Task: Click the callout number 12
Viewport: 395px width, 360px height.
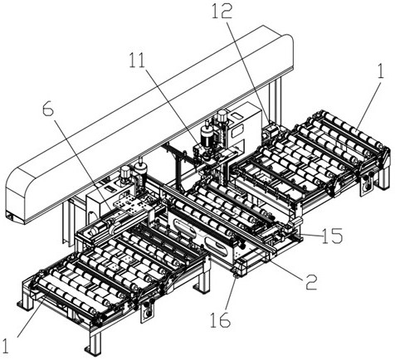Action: click(222, 12)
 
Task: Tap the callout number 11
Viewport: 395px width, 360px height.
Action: click(138, 61)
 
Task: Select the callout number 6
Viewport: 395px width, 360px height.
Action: click(48, 109)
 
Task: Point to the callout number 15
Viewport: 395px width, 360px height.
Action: click(333, 236)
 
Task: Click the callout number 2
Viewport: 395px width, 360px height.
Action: click(311, 281)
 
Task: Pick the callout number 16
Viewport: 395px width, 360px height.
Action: click(221, 320)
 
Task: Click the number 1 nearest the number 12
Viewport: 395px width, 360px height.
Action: click(381, 71)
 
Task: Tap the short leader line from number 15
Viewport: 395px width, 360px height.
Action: click(311, 236)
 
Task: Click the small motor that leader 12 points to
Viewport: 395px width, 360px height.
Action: click(271, 131)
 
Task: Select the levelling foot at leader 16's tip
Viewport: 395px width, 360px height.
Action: click(237, 275)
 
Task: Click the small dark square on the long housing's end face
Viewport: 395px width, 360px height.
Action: click(9, 216)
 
